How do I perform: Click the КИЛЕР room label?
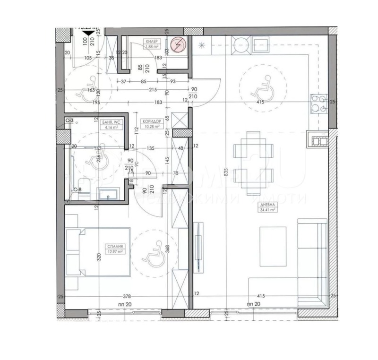coord(152,41)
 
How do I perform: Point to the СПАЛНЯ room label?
coord(115,247)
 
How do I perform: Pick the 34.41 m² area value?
coord(266,211)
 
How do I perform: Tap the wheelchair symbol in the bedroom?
coord(153,256)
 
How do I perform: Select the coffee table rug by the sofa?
coord(273,246)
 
